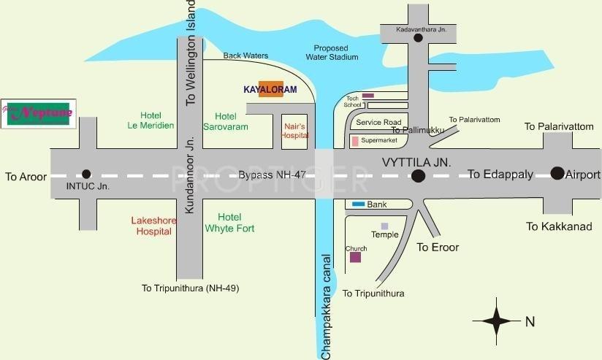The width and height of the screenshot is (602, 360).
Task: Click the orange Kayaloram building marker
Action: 270,89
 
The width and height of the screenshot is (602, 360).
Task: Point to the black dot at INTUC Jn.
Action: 86,174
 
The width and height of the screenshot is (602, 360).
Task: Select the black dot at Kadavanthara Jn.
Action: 417,39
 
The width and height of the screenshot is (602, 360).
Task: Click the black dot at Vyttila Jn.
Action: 418,175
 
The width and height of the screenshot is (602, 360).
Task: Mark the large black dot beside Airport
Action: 557,174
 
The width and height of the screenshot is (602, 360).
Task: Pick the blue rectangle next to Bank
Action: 357,204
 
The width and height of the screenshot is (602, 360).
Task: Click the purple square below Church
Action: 355,257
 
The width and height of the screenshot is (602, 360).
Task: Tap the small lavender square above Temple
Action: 384,226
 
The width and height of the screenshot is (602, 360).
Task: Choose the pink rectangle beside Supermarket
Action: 355,140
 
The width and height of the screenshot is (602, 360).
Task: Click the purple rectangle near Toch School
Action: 368,96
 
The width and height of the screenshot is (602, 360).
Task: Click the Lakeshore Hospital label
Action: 153,226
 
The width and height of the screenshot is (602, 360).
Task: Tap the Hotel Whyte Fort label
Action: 229,223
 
